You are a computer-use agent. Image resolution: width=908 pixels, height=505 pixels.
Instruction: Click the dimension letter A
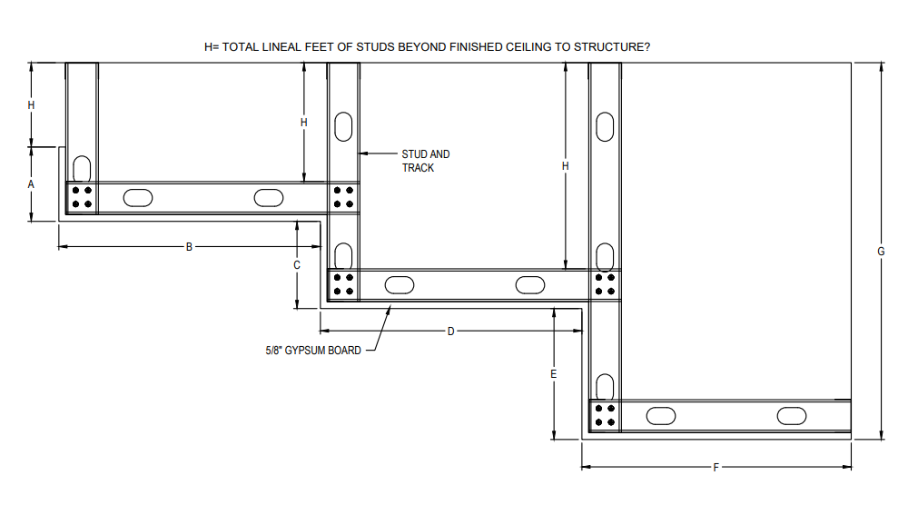(x=31, y=184)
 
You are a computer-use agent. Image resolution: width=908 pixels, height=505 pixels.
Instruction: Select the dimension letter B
(x=189, y=247)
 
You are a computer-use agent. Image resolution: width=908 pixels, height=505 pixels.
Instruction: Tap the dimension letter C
(x=297, y=265)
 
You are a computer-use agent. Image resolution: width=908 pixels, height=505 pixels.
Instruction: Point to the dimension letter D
(x=451, y=332)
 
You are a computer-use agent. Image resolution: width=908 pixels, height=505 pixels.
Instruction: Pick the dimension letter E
(x=554, y=374)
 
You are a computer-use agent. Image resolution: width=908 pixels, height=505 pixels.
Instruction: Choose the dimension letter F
(x=716, y=468)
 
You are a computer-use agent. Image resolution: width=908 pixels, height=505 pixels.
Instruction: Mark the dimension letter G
(x=882, y=252)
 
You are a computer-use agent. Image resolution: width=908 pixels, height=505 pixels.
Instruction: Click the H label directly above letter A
(x=31, y=105)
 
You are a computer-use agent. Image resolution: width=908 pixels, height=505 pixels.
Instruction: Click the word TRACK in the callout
(x=418, y=168)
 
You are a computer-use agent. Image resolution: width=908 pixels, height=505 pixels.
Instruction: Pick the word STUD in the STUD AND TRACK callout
(x=413, y=154)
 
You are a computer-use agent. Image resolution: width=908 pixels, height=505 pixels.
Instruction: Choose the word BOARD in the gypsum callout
(x=346, y=351)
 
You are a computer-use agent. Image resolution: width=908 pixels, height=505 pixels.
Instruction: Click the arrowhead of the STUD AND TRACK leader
(x=362, y=153)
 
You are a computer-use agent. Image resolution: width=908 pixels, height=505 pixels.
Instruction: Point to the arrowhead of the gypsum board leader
(x=388, y=310)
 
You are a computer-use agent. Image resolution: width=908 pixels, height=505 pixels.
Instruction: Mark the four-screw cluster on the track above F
(x=605, y=415)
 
